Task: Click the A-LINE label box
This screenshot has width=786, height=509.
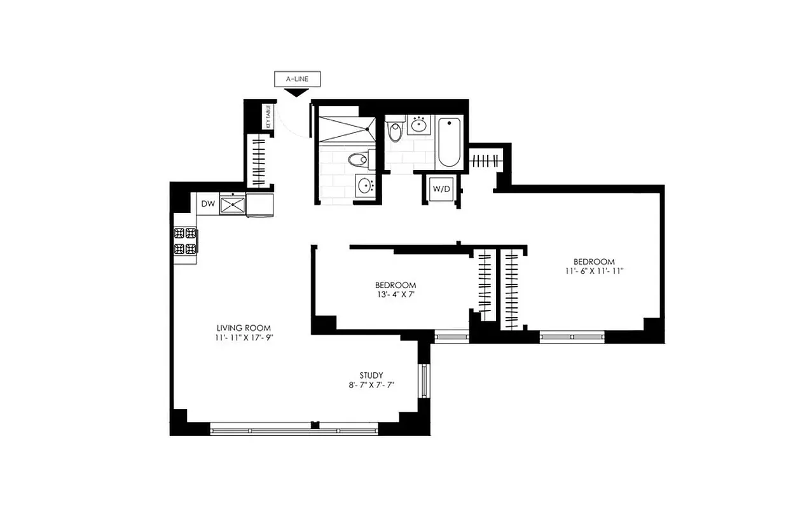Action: [297, 80]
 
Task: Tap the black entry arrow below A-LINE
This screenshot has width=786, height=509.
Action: [296, 93]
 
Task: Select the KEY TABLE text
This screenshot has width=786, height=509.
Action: [268, 117]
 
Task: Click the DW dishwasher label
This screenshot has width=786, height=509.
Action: [207, 204]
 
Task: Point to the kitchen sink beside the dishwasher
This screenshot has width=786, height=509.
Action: [233, 204]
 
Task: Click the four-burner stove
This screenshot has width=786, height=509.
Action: [185, 241]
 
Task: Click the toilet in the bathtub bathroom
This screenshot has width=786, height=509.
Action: [395, 130]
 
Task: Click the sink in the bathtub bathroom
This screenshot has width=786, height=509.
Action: [419, 125]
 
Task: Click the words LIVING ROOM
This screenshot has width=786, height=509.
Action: [238, 328]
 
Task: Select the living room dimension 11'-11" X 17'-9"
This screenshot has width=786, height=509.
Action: [238, 338]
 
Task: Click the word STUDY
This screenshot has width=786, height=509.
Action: [371, 375]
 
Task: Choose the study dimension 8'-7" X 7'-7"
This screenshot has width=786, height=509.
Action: [371, 386]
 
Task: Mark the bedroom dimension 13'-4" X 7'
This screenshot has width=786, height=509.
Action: [396, 295]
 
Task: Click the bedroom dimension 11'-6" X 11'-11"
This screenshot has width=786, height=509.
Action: [594, 272]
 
